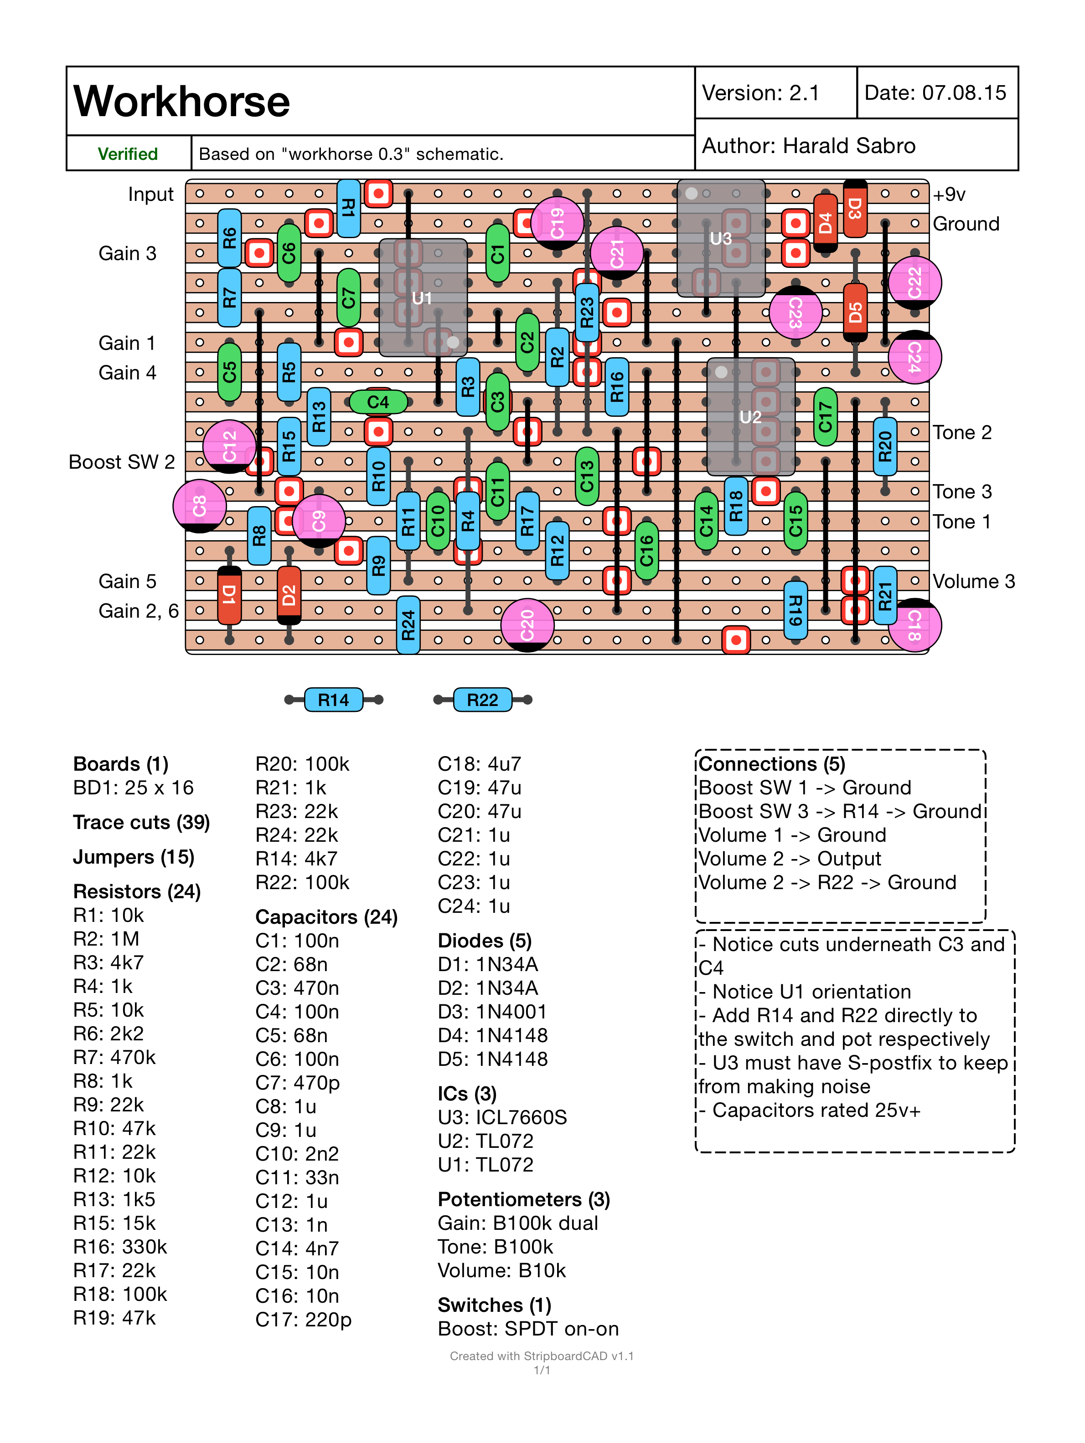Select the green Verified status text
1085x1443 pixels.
pyautogui.click(x=128, y=154)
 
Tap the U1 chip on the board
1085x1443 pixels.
pyautogui.click(x=423, y=297)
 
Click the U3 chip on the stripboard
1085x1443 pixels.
pyautogui.click(x=721, y=238)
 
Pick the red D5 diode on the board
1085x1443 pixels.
pyautogui.click(x=855, y=312)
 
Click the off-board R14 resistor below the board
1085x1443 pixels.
pyautogui.click(x=334, y=700)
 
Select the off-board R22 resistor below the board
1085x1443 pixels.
pyautogui.click(x=482, y=700)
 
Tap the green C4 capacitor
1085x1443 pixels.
pyautogui.click(x=378, y=402)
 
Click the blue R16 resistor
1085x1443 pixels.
pyautogui.click(x=617, y=387)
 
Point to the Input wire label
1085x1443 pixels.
pyautogui.click(x=151, y=194)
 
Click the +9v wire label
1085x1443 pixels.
pyautogui.click(x=949, y=194)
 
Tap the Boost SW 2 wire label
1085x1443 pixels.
pyautogui.click(x=122, y=462)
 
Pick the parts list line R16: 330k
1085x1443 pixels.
pyautogui.click(x=120, y=1247)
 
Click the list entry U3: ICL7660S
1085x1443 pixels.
pyautogui.click(x=502, y=1117)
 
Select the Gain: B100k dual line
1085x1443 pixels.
pyautogui.click(x=518, y=1223)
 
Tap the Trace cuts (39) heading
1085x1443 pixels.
pyautogui.click(x=142, y=823)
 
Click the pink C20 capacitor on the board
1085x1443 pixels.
pyautogui.click(x=527, y=625)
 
